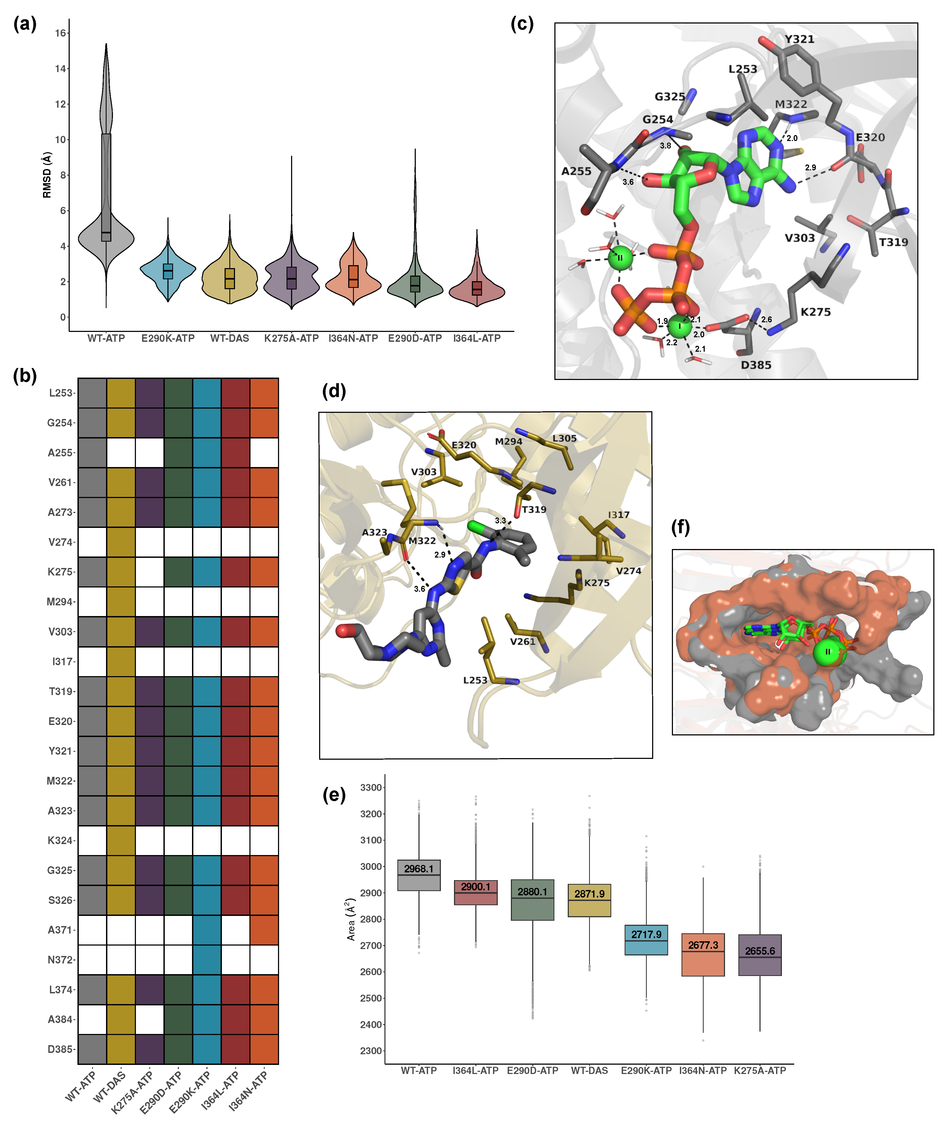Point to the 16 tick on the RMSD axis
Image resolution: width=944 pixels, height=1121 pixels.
click(60, 33)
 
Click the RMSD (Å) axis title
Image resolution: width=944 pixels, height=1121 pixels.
click(47, 175)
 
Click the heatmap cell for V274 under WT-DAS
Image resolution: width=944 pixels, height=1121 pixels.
click(121, 542)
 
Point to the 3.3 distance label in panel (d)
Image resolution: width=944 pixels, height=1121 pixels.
click(500, 521)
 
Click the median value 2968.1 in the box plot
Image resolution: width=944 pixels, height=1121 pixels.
click(418, 869)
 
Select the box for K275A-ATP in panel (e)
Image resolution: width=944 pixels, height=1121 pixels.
click(759, 955)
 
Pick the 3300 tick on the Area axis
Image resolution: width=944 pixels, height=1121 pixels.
click(371, 788)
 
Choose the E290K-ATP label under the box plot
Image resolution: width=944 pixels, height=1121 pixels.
click(646, 1071)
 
